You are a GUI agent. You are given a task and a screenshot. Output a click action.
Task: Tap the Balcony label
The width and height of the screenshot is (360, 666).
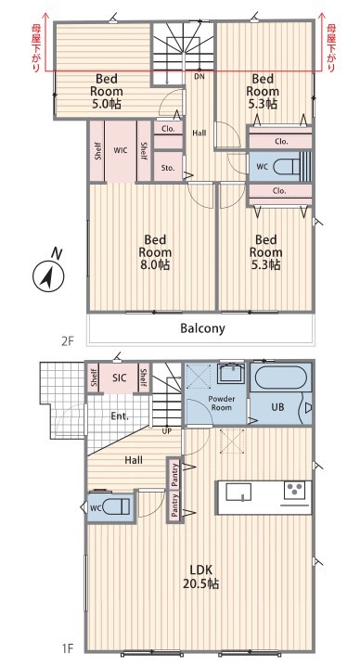point(202,328)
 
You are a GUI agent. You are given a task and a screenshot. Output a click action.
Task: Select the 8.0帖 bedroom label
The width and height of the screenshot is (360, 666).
point(155,252)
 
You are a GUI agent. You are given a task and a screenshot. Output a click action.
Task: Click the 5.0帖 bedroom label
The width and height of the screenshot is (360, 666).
point(107,91)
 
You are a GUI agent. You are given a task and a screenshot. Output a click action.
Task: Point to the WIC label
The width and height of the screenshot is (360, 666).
point(121,150)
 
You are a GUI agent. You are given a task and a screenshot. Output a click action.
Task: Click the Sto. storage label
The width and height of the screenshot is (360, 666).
point(168,168)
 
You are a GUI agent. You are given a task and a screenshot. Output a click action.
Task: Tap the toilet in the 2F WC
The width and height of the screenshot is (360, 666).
point(288,167)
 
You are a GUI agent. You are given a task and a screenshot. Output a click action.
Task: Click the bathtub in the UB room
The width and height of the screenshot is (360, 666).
point(280,378)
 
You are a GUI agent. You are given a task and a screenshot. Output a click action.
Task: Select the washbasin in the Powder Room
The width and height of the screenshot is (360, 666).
point(231,373)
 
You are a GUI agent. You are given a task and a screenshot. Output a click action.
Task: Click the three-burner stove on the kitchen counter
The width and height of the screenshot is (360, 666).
point(295,492)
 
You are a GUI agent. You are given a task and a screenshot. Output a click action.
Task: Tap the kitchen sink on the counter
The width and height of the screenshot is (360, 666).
point(238,493)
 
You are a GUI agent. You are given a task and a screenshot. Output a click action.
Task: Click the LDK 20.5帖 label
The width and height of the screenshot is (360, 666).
point(200,576)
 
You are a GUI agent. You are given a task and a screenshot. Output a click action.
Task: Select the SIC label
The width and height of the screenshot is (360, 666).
point(120,378)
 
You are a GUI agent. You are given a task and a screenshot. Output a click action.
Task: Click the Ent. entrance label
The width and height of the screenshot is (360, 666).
point(120,416)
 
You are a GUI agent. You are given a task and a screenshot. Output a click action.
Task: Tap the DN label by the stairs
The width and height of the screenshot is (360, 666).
point(199,77)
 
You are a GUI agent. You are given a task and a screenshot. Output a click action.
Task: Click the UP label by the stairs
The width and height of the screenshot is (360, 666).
point(167,431)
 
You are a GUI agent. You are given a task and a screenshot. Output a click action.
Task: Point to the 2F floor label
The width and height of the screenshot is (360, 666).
point(68,340)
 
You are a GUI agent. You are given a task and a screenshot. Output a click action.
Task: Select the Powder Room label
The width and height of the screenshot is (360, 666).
point(222,403)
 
